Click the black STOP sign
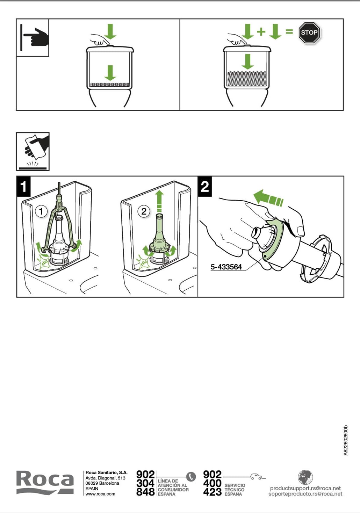(x=309, y=32)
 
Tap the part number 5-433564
(x=226, y=267)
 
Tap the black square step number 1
(x=23, y=187)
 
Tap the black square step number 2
(x=205, y=187)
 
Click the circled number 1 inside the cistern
(x=41, y=211)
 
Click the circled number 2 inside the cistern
(x=144, y=211)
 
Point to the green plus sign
(x=261, y=31)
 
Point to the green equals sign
(x=289, y=31)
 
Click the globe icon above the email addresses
(x=305, y=477)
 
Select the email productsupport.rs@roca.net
(x=305, y=488)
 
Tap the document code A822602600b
(x=346, y=440)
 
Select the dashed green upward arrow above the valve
(x=159, y=202)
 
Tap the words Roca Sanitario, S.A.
(x=106, y=472)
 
